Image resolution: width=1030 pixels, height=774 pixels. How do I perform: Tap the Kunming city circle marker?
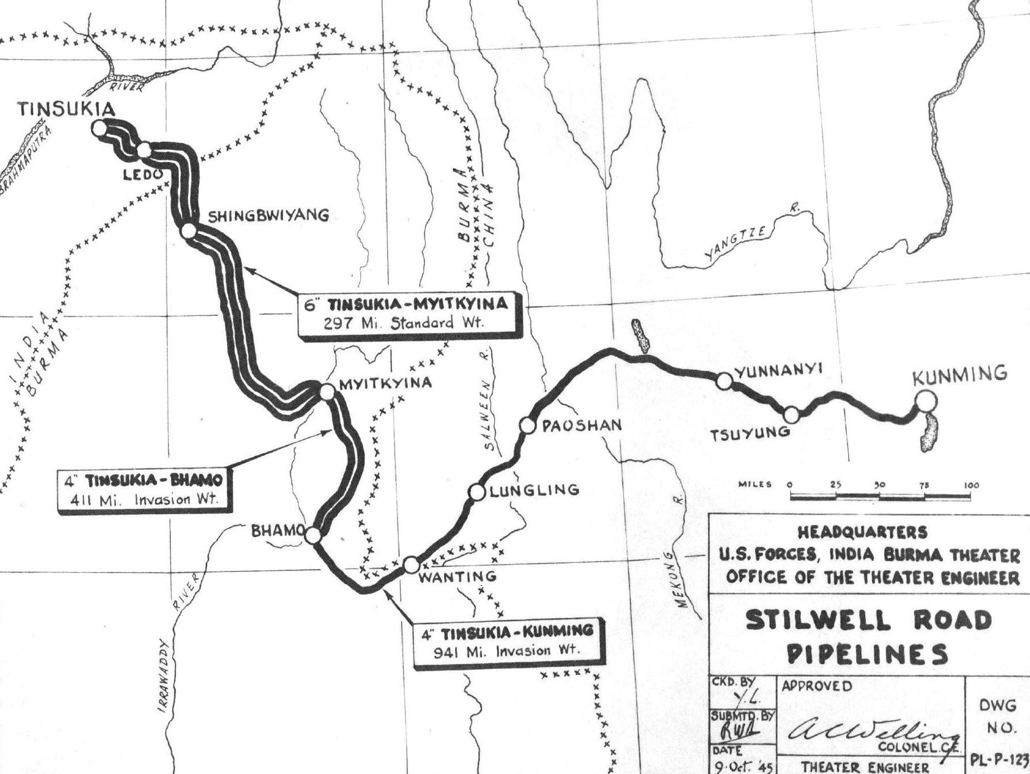coord(925,400)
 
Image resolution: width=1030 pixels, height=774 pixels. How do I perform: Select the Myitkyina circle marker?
coord(327,392)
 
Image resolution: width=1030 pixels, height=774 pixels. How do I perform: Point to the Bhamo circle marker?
coord(313,535)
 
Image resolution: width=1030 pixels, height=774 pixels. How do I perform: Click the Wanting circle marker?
coord(411,565)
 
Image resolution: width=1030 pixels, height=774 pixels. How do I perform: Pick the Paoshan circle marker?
coord(527,425)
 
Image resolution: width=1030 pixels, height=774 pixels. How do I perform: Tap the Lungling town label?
coord(534,490)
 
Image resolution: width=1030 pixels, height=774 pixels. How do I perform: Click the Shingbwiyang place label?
coord(268,216)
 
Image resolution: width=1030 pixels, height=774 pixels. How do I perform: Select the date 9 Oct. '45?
coord(741,765)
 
